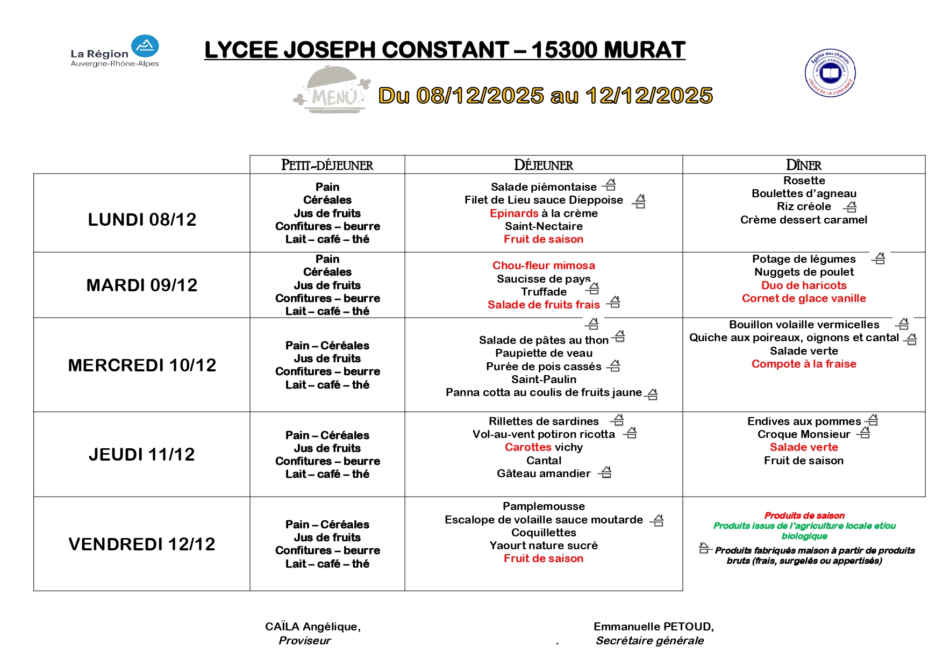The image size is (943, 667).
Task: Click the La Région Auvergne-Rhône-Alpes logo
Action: (x=115, y=52)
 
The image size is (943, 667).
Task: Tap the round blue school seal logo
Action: (x=830, y=73)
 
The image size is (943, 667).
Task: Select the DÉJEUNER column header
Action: (x=544, y=165)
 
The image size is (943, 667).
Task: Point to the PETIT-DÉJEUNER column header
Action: (x=327, y=165)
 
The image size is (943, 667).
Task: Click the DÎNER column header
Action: (x=804, y=165)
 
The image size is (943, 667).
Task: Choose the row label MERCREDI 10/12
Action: (x=142, y=365)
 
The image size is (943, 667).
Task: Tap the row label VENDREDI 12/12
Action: (x=142, y=544)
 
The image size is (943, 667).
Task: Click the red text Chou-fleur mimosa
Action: (x=544, y=266)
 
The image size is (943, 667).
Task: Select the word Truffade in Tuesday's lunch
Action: (x=544, y=292)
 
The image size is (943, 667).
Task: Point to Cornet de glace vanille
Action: (x=804, y=298)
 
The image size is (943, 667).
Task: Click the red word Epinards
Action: (x=514, y=213)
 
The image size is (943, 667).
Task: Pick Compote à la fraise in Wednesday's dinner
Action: (x=804, y=364)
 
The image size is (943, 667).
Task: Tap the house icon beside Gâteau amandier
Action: (x=605, y=472)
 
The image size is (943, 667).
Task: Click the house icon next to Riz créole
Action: (x=850, y=207)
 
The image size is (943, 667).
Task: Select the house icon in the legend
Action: (x=704, y=548)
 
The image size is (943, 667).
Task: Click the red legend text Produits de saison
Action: (x=804, y=515)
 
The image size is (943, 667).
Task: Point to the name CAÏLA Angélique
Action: (x=312, y=627)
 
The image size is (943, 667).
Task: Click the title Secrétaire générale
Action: (x=649, y=641)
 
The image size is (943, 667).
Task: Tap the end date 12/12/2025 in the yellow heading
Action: (x=649, y=96)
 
